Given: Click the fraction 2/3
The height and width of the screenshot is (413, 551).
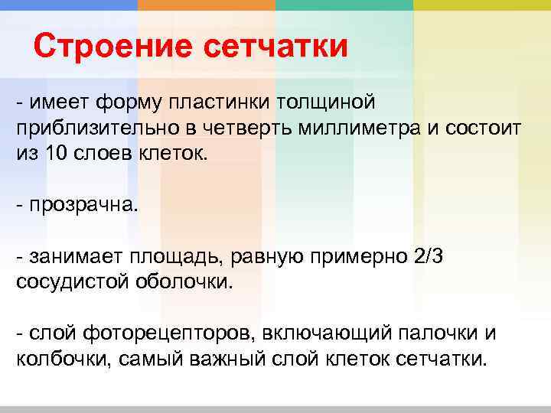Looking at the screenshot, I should (428, 257).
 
